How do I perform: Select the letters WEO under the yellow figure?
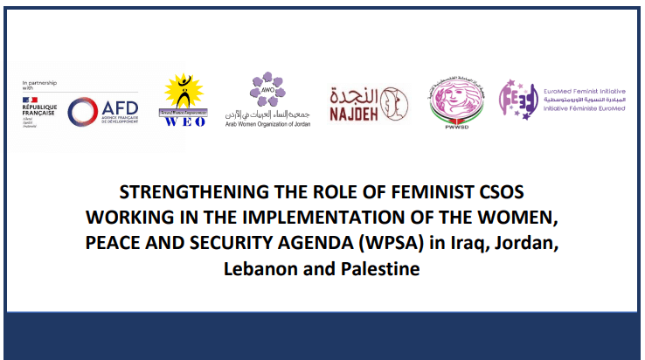184,121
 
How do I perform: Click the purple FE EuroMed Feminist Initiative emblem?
517,100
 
